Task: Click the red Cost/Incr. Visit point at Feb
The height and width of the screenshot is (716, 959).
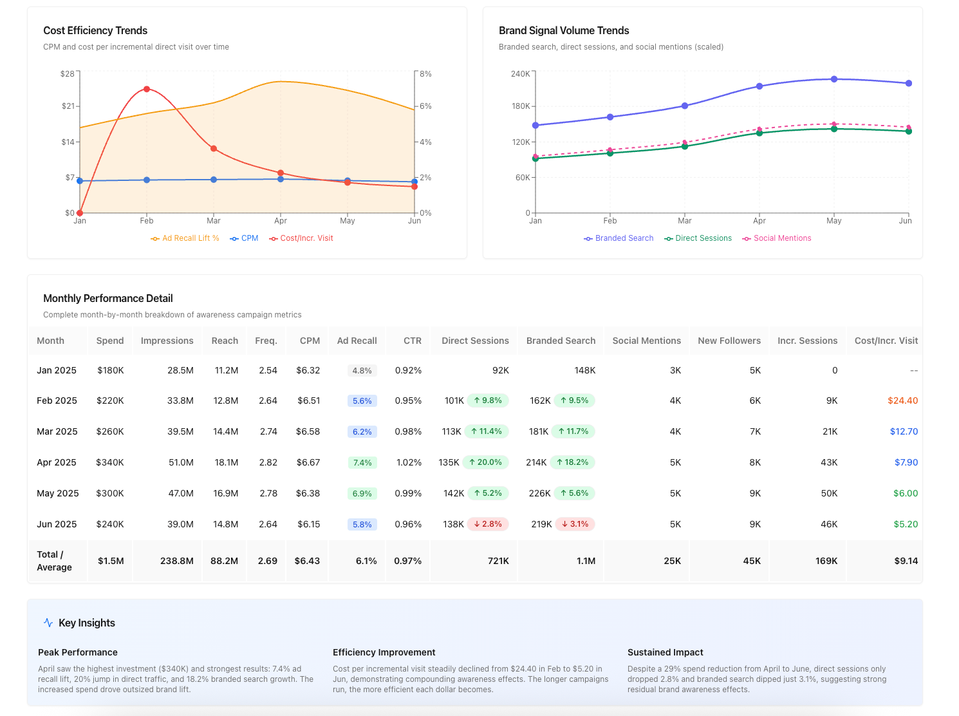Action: click(x=147, y=89)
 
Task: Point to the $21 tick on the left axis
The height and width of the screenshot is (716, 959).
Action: click(x=68, y=106)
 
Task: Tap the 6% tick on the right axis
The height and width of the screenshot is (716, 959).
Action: click(x=425, y=106)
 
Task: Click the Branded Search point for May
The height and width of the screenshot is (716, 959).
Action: click(x=834, y=79)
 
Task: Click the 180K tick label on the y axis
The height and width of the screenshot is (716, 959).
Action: click(x=521, y=106)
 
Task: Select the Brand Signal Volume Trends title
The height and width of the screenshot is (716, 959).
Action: click(x=564, y=30)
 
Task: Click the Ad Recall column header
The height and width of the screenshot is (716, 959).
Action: click(x=357, y=341)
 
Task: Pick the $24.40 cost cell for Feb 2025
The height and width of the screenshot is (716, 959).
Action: click(x=902, y=400)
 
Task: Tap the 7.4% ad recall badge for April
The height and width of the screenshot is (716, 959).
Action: click(x=362, y=462)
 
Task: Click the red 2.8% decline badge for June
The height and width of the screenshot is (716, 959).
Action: click(x=488, y=524)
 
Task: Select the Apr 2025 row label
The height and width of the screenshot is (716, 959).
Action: click(x=57, y=462)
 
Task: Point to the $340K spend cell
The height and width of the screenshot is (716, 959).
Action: click(x=110, y=462)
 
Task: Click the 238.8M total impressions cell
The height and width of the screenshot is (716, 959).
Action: click(x=176, y=561)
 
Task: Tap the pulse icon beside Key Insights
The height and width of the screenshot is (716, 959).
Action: click(x=48, y=623)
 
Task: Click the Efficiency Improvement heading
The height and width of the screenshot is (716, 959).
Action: click(x=384, y=652)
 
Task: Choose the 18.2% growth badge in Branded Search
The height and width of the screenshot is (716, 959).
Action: click(x=572, y=462)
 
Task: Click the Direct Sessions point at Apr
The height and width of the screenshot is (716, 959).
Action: click(x=759, y=133)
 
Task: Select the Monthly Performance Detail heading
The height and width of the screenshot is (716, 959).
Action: click(x=107, y=298)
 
